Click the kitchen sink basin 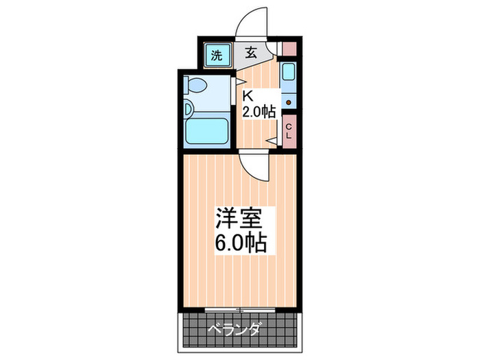click(x=289, y=73)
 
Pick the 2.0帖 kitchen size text click(x=259, y=112)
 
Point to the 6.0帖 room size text click(x=241, y=244)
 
